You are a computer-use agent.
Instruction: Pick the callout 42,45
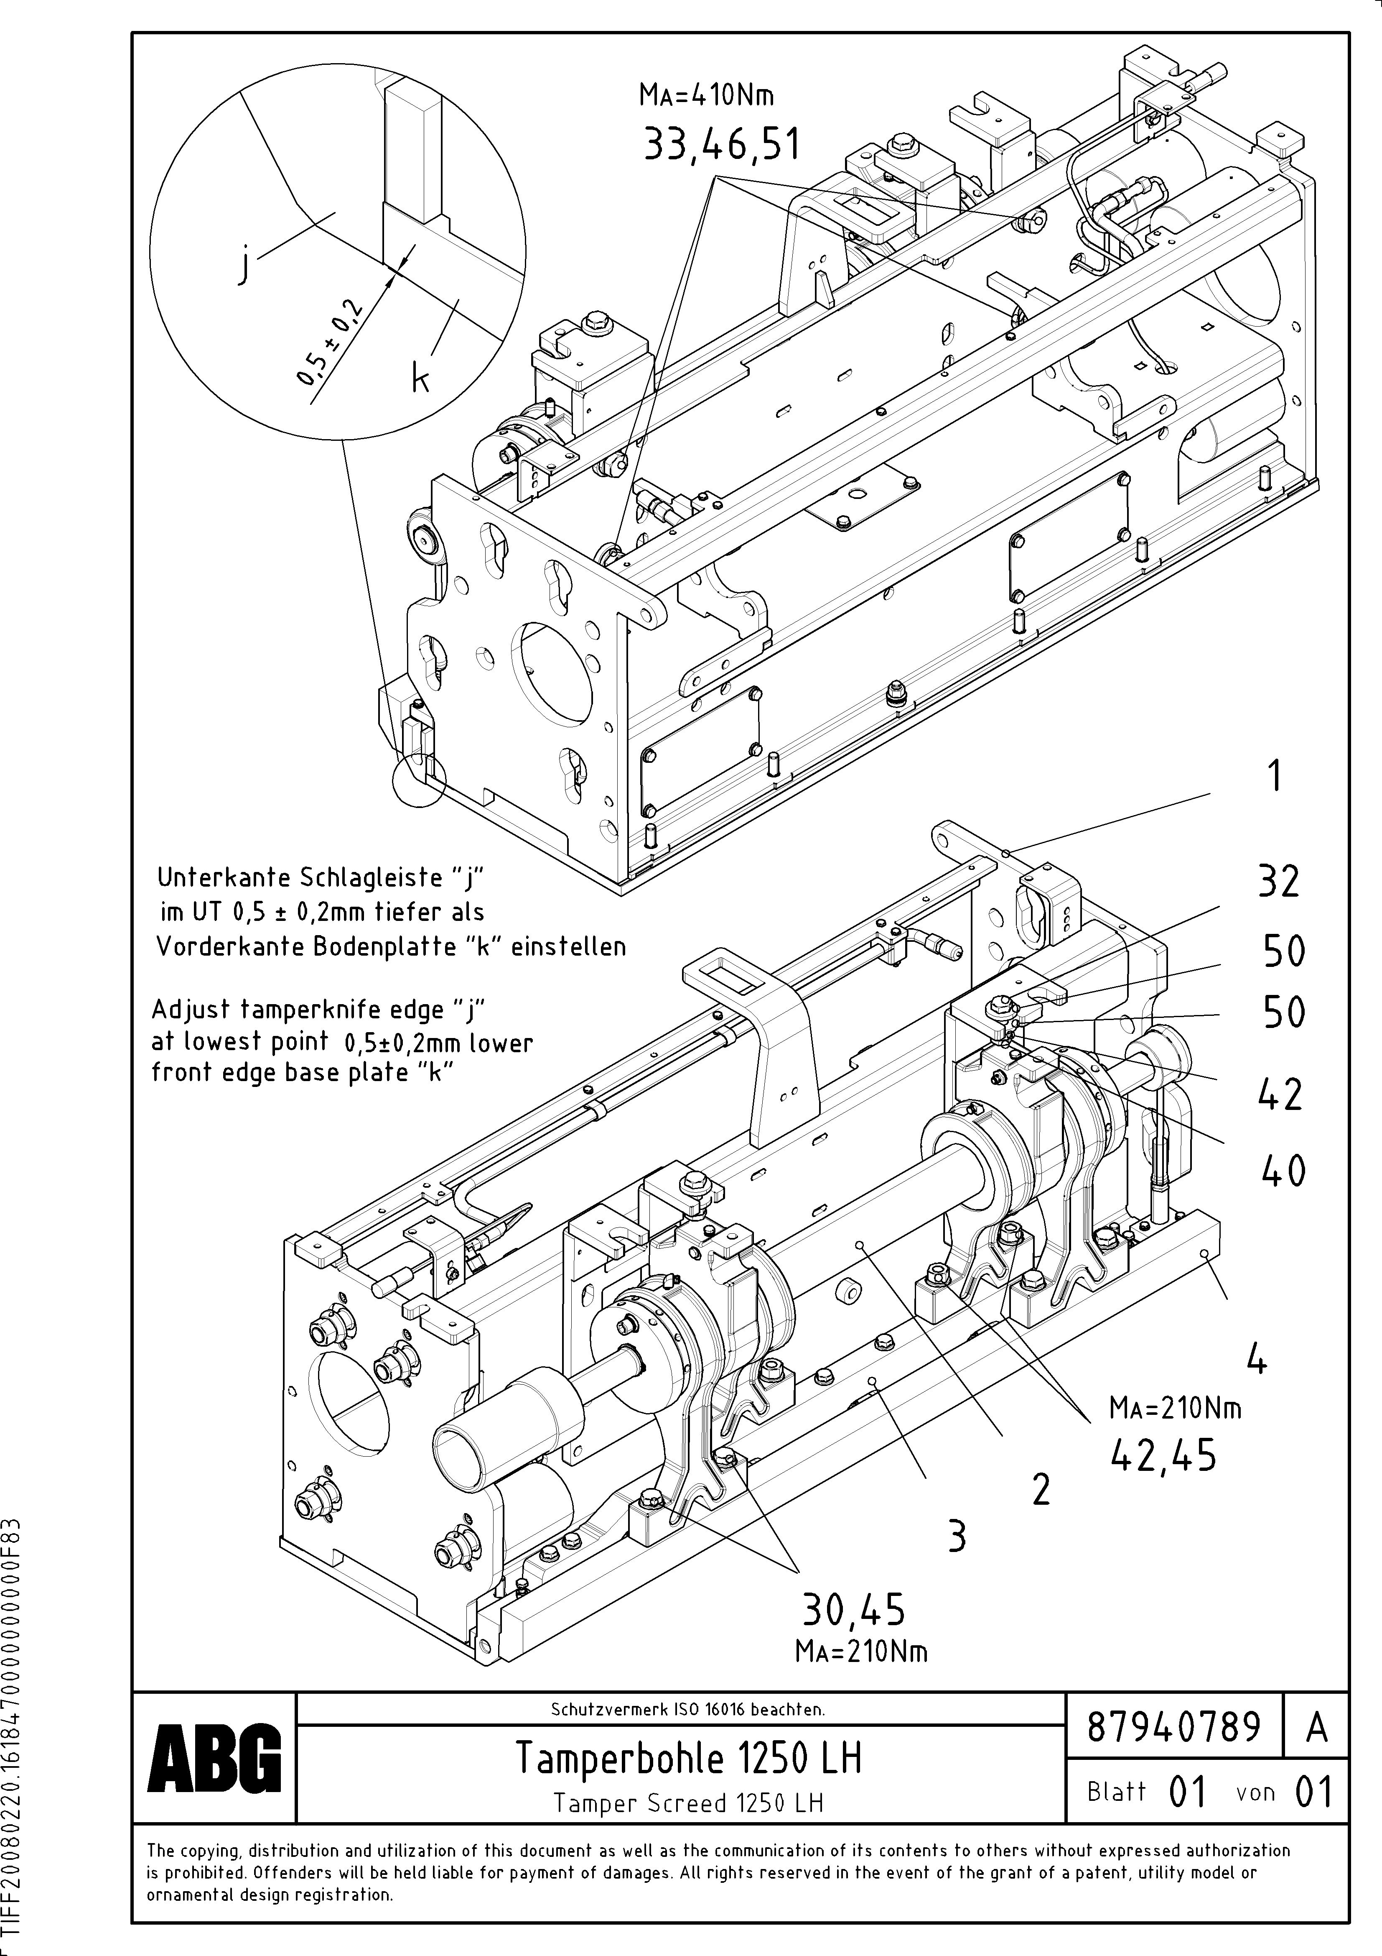1163,1456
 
